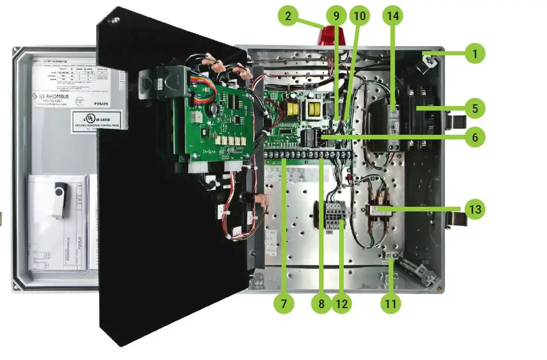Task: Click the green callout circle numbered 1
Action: click(x=475, y=54)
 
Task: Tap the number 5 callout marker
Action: click(x=475, y=108)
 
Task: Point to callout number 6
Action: click(x=475, y=138)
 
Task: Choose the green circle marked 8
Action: click(x=321, y=304)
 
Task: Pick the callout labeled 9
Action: click(x=337, y=16)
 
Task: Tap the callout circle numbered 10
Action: click(x=360, y=16)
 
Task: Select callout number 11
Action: click(x=392, y=304)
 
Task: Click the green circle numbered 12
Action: click(x=342, y=304)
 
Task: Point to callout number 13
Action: click(x=475, y=209)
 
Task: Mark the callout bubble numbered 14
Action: click(x=394, y=16)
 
